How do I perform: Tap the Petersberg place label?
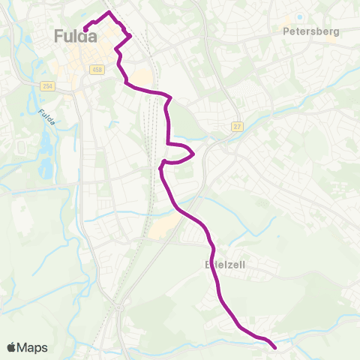tap(311, 31)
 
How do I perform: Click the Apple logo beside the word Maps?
tap(12, 347)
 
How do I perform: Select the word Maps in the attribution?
tap(33, 347)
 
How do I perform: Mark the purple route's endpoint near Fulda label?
tap(85, 30)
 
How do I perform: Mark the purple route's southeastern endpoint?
tap(274, 347)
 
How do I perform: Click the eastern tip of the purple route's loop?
tap(194, 154)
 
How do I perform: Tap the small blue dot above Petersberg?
tap(299, 18)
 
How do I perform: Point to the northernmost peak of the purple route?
tap(109, 13)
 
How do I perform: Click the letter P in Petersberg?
tap(286, 31)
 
